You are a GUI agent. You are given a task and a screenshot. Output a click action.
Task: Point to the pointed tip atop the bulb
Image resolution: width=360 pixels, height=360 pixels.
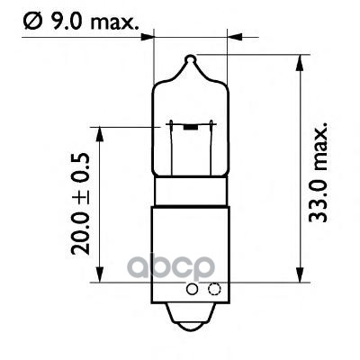[x=189, y=60]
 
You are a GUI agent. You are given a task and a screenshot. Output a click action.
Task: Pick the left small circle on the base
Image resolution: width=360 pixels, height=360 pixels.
[x=191, y=289]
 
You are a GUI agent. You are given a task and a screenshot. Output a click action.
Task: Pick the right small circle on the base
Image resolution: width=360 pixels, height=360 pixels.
[x=213, y=289]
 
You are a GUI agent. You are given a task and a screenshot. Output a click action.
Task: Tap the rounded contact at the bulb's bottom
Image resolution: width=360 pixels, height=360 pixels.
[x=190, y=319]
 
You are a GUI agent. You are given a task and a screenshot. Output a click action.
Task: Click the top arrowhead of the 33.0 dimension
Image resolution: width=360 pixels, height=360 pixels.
[x=298, y=64]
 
